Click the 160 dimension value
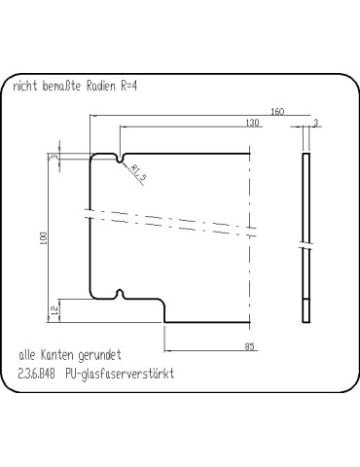278,113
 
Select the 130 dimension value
252,124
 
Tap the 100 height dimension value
43,238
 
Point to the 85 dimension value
250,345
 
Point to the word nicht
24,87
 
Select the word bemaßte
60,87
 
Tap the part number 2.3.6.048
38,374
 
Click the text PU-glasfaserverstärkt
119,374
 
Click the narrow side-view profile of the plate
306,238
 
